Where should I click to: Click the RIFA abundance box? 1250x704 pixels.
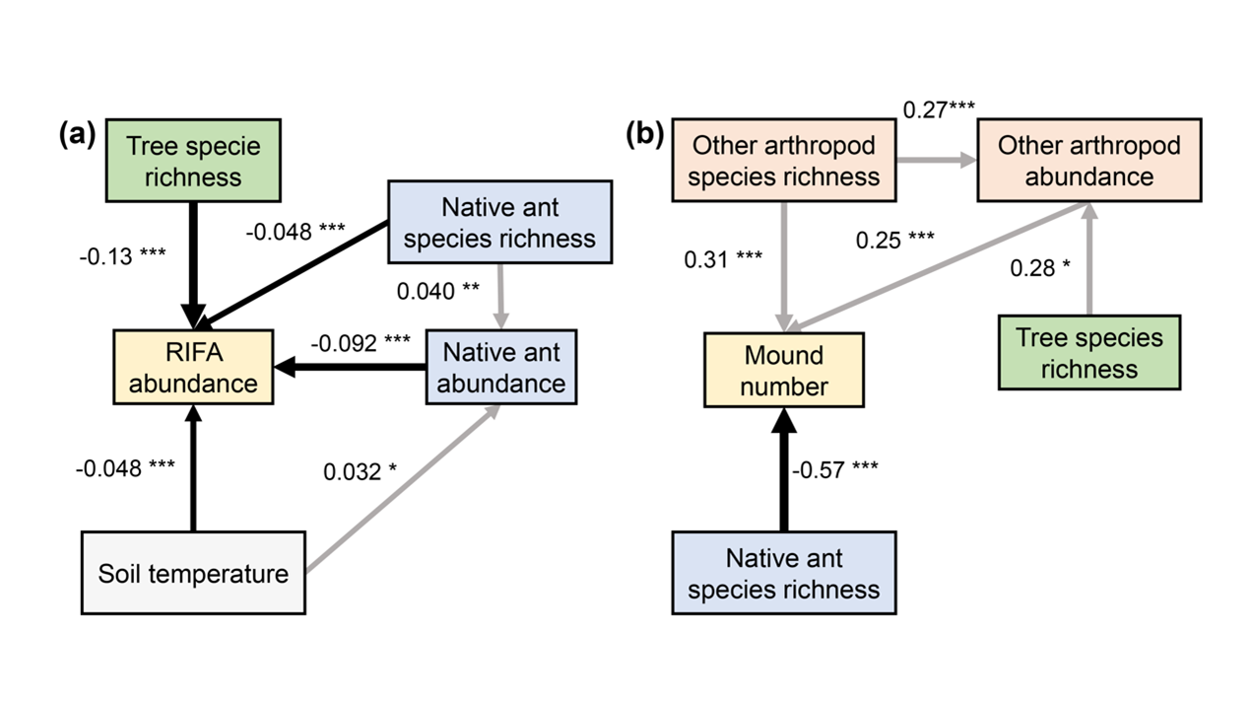point(192,368)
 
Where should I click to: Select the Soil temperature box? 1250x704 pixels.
point(193,573)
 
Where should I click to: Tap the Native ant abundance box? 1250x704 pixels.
point(500,367)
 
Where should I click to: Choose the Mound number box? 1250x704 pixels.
point(784,370)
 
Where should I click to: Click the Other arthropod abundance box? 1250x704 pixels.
point(1088,160)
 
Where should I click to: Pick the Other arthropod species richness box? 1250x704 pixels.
point(784,160)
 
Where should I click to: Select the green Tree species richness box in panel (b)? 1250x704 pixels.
point(1088,352)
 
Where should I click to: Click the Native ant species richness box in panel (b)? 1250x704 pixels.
point(784,573)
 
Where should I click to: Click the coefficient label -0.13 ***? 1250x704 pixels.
point(123,257)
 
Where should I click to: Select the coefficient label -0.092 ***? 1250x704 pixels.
point(361,343)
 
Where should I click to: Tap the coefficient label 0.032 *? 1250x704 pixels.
point(361,471)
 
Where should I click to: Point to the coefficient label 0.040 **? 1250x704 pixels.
point(439,291)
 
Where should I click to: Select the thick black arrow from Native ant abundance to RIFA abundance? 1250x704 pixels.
point(350,368)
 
